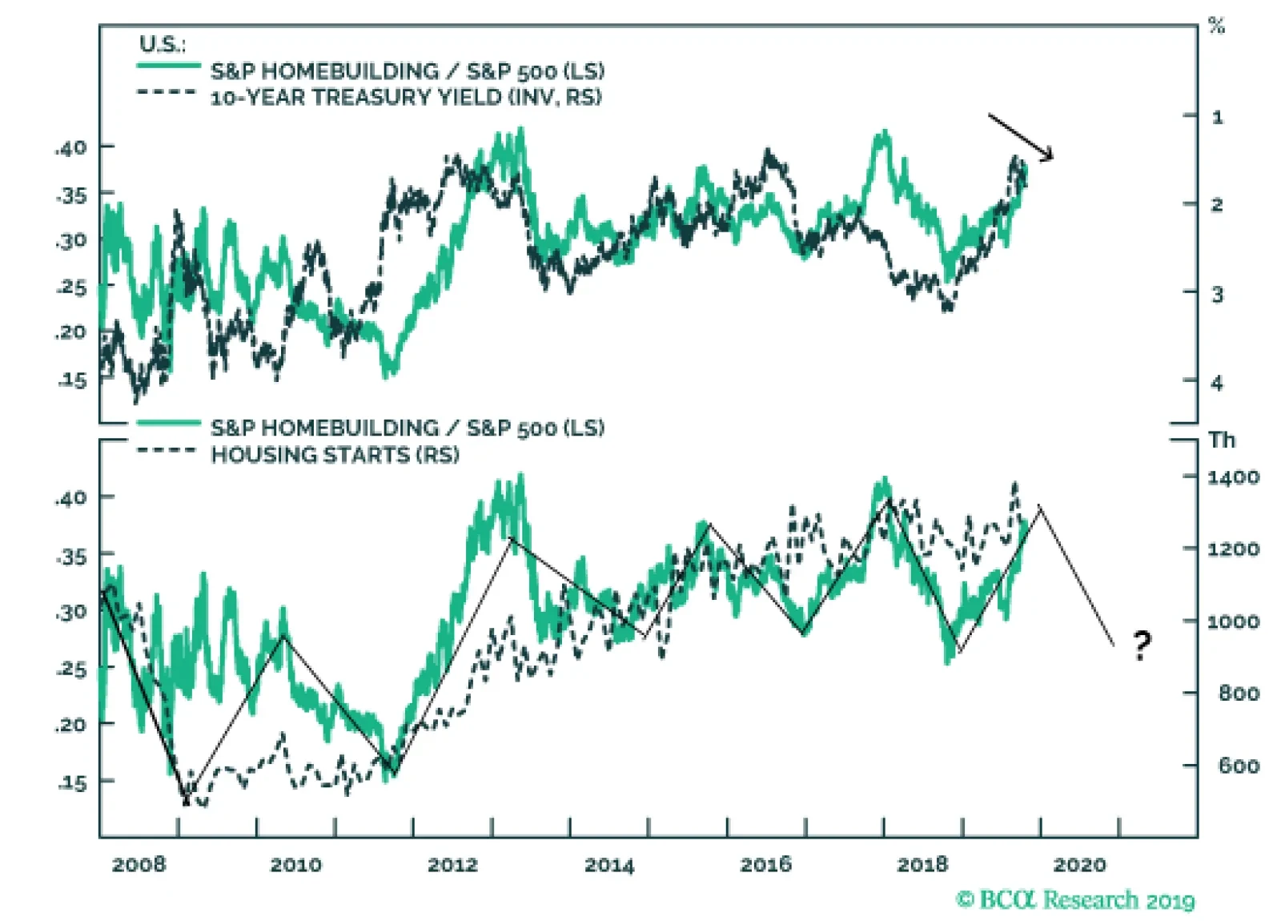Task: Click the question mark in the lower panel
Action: click(x=1142, y=644)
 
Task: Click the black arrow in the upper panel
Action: click(x=1021, y=137)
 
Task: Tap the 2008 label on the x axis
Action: click(x=139, y=865)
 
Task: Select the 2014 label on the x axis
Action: click(x=608, y=865)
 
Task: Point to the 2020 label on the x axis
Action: click(x=1079, y=865)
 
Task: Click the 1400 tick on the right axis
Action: click(x=1233, y=477)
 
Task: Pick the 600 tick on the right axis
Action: click(x=1239, y=766)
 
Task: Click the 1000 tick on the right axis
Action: click(x=1233, y=621)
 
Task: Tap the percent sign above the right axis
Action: click(x=1217, y=26)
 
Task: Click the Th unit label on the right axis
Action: click(x=1223, y=440)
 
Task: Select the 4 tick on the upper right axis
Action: click(x=1217, y=383)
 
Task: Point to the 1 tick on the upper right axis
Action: click(x=1218, y=118)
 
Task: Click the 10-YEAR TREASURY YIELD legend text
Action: click(x=406, y=98)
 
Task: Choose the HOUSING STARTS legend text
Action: click(x=335, y=455)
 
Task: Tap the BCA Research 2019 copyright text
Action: click(x=1075, y=900)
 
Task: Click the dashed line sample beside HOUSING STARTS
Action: click(x=167, y=450)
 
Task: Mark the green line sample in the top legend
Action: click(x=168, y=66)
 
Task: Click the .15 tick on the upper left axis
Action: click(x=72, y=380)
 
